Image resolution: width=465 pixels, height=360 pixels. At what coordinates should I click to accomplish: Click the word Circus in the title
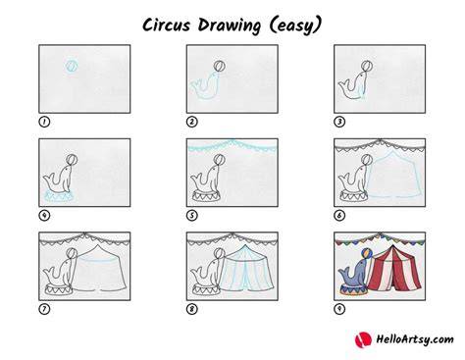pos(166,25)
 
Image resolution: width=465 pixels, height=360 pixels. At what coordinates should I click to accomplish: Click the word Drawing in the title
pos(230,26)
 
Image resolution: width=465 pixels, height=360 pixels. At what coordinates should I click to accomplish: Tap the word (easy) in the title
pos(295,26)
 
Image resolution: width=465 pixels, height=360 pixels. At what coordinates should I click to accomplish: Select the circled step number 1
pos(44,122)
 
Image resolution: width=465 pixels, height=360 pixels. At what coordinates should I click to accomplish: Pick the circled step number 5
pos(192,216)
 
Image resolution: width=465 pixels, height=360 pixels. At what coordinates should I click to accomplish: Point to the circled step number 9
pos(339,309)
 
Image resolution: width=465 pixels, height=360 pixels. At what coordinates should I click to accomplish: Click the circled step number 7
pos(44,309)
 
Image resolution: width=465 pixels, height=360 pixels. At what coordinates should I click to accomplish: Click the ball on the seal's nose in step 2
pos(220,67)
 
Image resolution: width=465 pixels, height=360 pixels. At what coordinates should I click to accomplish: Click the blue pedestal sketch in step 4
pos(59,197)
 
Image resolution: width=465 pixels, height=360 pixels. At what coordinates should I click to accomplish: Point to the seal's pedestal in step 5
pos(206,196)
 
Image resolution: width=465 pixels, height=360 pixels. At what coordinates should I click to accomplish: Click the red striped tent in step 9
pos(393,269)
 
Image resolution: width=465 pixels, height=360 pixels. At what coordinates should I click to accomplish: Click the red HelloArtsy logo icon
pos(363,339)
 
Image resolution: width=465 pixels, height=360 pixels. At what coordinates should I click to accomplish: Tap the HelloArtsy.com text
pos(415,339)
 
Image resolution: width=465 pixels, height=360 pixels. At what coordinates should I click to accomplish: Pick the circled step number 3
pos(339,122)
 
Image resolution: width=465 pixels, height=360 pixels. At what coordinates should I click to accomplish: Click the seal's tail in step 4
pos(49,180)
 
